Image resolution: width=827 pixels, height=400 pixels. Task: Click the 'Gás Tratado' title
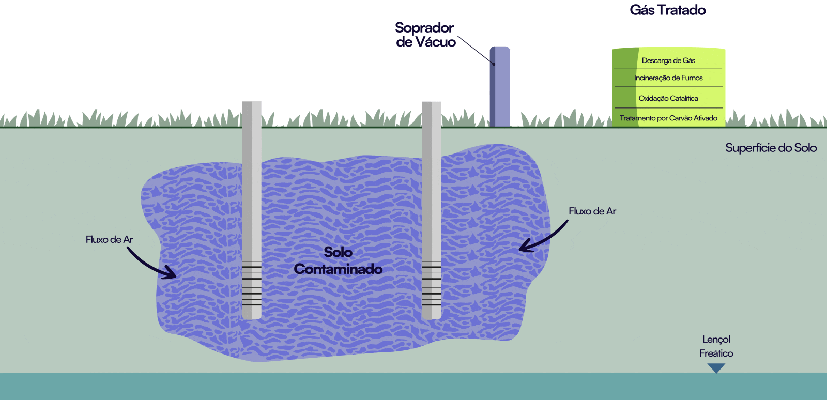[x=667, y=10]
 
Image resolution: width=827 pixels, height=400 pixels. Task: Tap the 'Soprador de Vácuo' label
[x=425, y=35]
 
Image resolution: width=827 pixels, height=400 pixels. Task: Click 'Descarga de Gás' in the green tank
[x=668, y=60]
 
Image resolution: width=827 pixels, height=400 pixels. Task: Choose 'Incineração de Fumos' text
[x=668, y=78]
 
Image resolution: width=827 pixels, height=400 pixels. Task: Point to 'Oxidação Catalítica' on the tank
[x=668, y=98]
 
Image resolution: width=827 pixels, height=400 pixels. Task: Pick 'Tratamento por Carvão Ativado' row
[x=668, y=118]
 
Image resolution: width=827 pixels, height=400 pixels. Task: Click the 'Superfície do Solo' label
[x=771, y=148]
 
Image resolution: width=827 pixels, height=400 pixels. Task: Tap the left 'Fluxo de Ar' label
[x=109, y=240]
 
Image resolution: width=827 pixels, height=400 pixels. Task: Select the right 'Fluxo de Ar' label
[x=592, y=211]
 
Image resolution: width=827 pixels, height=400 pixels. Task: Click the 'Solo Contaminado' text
[x=338, y=260]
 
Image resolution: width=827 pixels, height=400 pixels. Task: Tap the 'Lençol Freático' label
[x=716, y=346]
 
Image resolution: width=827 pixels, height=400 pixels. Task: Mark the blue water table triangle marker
[x=716, y=367]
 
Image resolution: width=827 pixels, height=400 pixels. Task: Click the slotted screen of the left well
[x=252, y=284]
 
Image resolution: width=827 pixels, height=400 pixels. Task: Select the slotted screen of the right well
[x=432, y=284]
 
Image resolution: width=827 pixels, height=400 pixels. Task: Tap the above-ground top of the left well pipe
[x=252, y=114]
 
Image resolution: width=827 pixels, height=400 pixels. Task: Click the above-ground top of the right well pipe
[x=432, y=114]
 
